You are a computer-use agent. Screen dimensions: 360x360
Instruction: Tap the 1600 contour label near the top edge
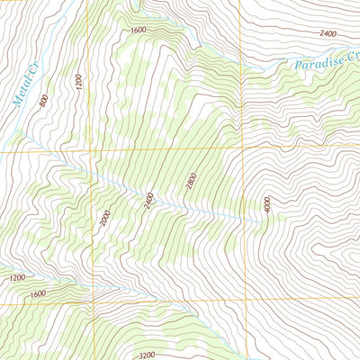click(137, 30)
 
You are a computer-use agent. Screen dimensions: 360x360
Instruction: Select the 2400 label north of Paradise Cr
click(327, 33)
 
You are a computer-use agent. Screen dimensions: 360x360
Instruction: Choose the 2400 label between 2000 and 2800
click(149, 199)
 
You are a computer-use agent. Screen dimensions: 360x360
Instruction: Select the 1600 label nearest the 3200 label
click(37, 293)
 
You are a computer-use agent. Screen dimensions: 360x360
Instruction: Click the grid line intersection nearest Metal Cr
click(90, 150)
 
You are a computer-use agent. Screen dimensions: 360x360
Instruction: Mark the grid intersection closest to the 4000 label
click(241, 146)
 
